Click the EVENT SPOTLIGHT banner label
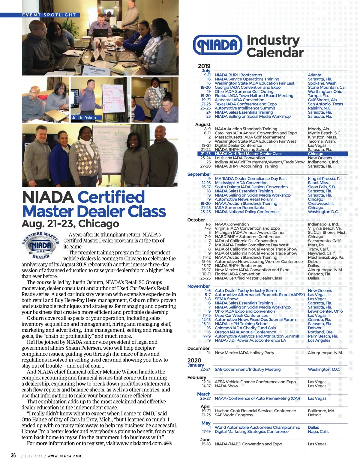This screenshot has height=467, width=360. pos(49,15)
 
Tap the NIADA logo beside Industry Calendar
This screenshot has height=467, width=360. pos(217,45)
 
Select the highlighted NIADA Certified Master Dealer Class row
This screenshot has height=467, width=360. pos(248,154)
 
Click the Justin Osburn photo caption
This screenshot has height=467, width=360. pos(85,118)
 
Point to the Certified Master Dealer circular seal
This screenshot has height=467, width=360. pos(41,245)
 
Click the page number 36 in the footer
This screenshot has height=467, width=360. pos(13,456)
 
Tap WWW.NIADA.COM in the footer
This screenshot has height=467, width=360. pos(64,456)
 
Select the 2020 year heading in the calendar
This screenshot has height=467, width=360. pos(194,360)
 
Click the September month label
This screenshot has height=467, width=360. pos(199,174)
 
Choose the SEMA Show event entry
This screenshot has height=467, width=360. pos(226,299)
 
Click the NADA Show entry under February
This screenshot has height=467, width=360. pos(226,386)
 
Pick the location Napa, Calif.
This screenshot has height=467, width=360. pos(318,431)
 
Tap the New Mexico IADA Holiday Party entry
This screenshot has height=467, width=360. pos(244,353)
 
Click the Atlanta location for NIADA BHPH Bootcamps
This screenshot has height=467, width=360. pos(314,75)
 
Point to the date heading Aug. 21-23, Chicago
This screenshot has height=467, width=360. pos(70,224)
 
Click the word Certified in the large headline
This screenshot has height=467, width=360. pos(111,198)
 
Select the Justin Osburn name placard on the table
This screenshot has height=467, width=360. pos(97,70)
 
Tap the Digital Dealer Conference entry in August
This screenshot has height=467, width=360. pos(238,145)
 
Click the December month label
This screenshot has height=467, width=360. pos(198,348)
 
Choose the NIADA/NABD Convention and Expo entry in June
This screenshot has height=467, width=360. pos(248,444)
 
